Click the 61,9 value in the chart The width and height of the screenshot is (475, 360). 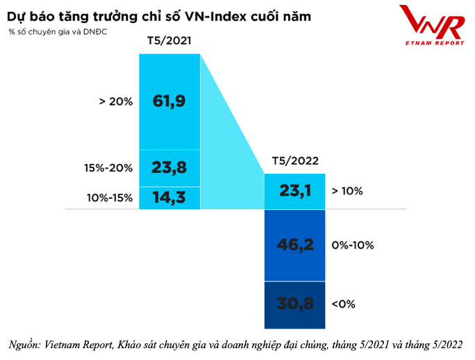[x=169, y=101]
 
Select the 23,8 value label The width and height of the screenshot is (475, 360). [x=169, y=167]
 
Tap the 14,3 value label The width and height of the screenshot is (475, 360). [x=169, y=197]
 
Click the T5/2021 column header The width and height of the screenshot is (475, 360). [x=169, y=41]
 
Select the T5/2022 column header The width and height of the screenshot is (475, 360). [x=295, y=161]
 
